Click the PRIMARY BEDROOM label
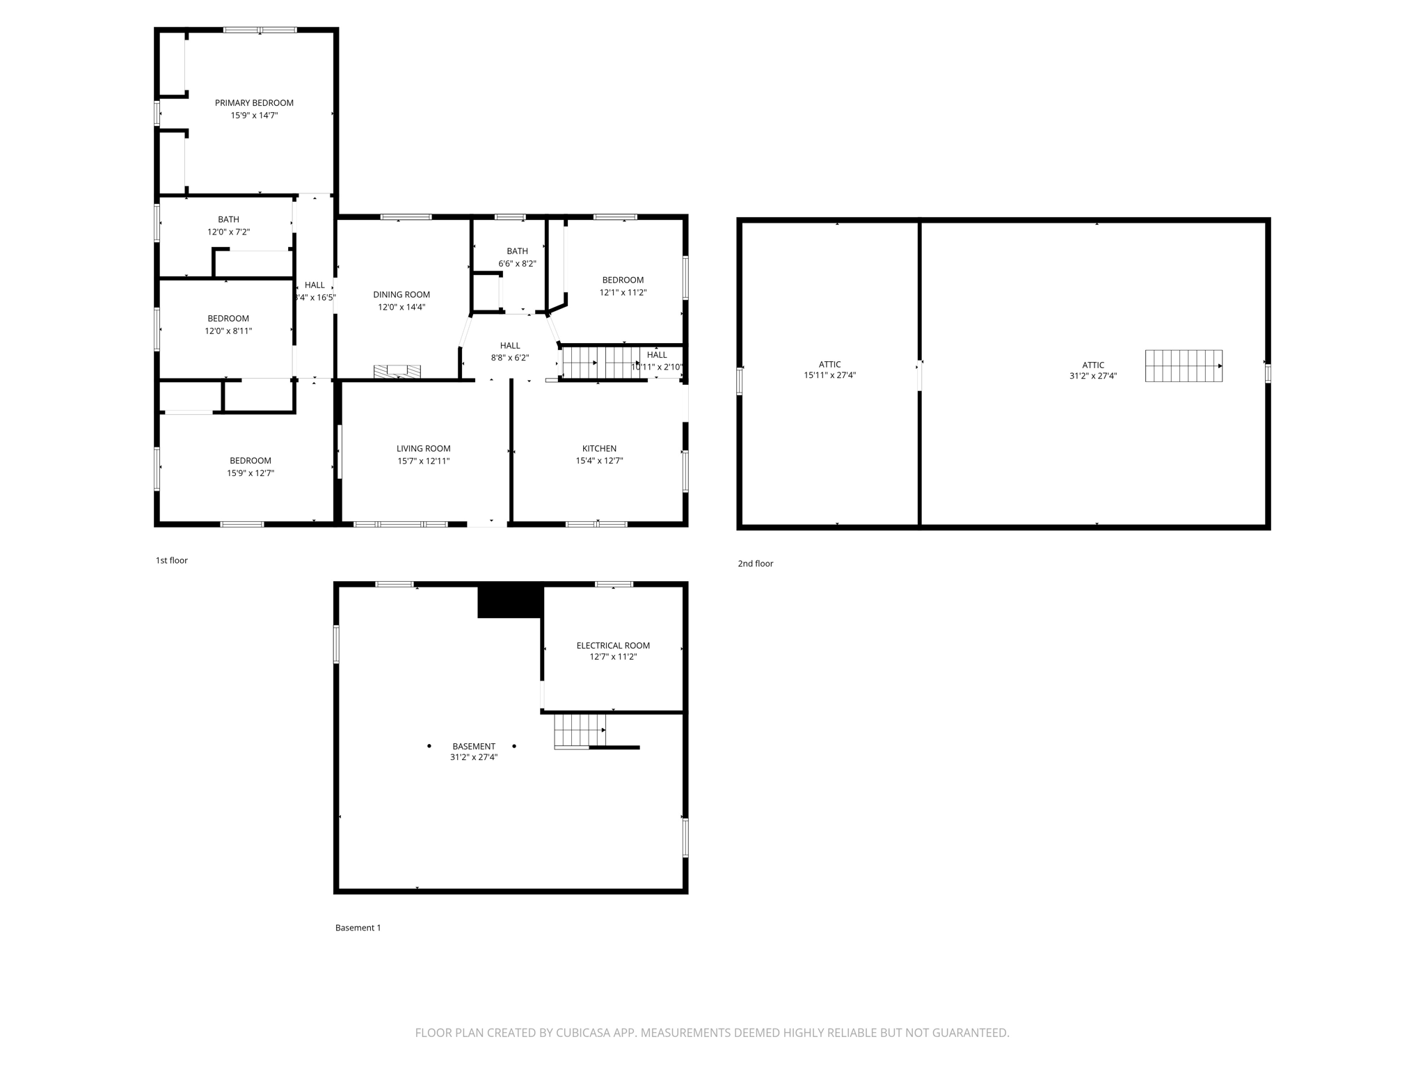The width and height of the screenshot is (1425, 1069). coord(254,103)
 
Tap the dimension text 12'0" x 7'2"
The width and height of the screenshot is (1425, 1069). coord(228,232)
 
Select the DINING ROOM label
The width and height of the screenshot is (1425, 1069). coord(401,294)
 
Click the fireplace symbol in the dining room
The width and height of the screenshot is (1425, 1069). coord(397,372)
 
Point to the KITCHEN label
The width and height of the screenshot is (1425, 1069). coord(599,448)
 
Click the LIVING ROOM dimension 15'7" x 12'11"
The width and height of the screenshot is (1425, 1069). coord(423,461)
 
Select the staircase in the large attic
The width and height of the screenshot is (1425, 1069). coord(1184,366)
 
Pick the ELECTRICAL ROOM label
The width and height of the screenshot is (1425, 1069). coord(613,645)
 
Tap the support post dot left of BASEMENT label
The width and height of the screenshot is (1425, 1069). coord(429,746)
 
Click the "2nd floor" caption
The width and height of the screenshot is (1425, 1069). coord(755,564)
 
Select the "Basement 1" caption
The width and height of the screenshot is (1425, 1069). coord(358,928)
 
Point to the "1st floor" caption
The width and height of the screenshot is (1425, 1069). coord(171,560)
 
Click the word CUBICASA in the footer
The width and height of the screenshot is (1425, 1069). coord(584,1033)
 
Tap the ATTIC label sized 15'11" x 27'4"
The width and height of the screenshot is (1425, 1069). coord(829,364)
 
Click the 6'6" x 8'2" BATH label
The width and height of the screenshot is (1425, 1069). coord(517,251)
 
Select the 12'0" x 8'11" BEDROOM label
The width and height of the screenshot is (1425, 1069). coord(228,318)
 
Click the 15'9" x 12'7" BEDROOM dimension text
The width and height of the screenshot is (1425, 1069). coord(250,473)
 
